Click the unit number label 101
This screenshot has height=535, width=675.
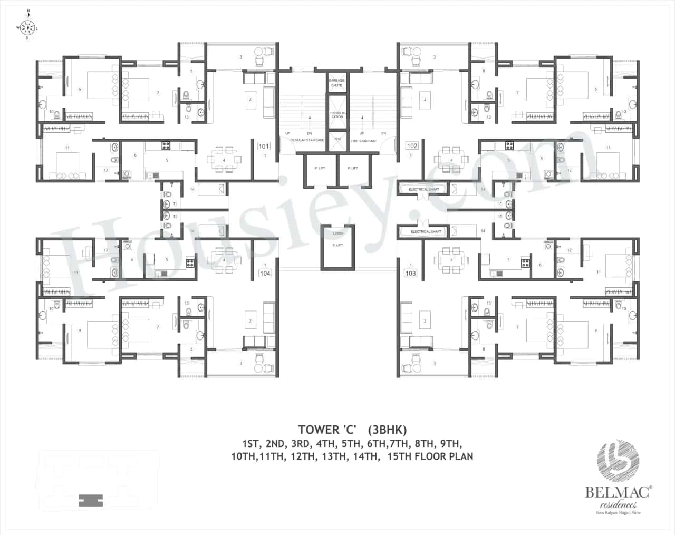tap(263, 147)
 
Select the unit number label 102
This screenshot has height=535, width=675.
tap(412, 145)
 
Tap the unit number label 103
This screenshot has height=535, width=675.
tap(410, 273)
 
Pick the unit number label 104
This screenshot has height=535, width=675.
tap(265, 273)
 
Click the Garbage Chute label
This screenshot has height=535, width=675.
tap(337, 83)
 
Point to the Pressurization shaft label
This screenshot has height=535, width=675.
tap(337, 115)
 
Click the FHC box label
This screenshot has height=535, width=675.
tap(337, 139)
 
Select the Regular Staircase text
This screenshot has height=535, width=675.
tap(307, 141)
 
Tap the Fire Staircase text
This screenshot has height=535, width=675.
tap(364, 141)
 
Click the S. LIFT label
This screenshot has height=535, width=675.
tap(337, 245)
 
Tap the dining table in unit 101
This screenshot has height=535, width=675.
tap(224, 159)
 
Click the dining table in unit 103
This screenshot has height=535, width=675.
tap(451, 260)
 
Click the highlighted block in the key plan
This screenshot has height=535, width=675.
tap(90, 500)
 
